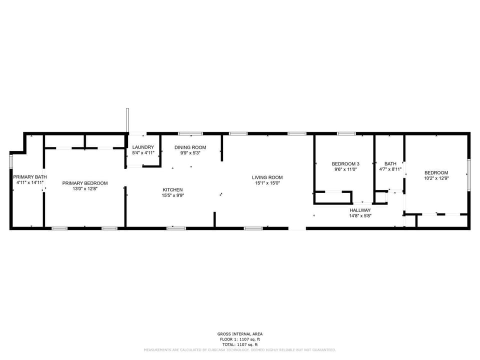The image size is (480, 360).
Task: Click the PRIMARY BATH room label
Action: coord(30,177)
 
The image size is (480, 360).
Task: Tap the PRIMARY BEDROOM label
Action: coord(85,183)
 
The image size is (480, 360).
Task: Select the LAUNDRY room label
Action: coord(143,147)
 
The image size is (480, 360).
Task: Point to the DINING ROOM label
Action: coord(190,147)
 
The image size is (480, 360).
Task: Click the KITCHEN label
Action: coord(172,189)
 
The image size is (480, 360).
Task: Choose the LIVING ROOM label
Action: coord(267,177)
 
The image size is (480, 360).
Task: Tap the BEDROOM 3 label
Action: coord(345,164)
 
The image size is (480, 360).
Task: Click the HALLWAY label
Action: coord(360,210)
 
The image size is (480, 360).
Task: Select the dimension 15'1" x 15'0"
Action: coord(267,183)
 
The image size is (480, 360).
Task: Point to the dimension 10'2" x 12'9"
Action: coord(436,178)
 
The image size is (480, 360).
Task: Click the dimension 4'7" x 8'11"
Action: coord(390,169)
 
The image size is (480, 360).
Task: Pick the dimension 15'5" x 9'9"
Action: coord(172,195)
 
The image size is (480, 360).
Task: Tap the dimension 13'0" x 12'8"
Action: coord(85,189)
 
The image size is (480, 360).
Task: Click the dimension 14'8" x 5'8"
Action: coord(360,216)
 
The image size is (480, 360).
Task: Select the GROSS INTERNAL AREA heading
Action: coord(239,334)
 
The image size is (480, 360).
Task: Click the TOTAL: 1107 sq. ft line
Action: coord(239,344)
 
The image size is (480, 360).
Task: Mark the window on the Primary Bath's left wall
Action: coord(11,162)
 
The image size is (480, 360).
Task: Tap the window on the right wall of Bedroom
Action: coord(468,174)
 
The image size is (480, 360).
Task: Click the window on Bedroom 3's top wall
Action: coord(346,133)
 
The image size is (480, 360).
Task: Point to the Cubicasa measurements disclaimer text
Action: coord(239,350)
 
